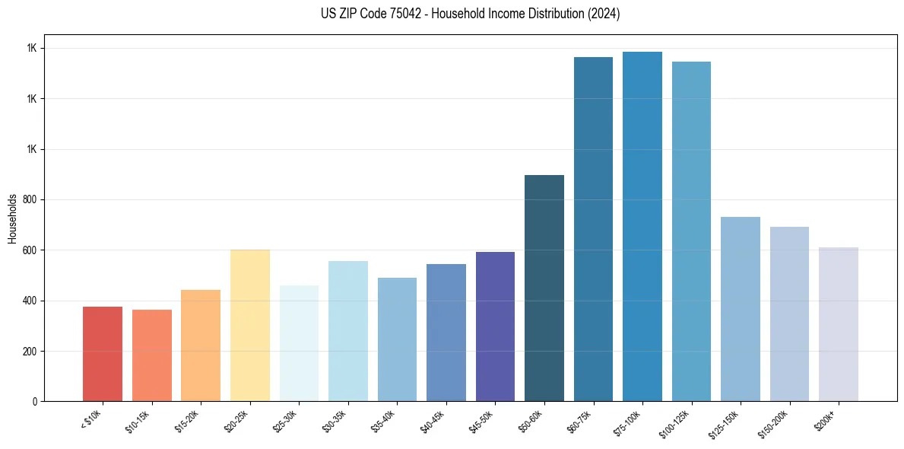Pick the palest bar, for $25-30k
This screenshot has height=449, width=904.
tap(299, 343)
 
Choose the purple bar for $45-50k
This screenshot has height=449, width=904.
tap(495, 326)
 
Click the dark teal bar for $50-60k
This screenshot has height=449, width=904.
tap(544, 288)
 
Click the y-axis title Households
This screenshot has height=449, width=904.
tap(12, 218)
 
